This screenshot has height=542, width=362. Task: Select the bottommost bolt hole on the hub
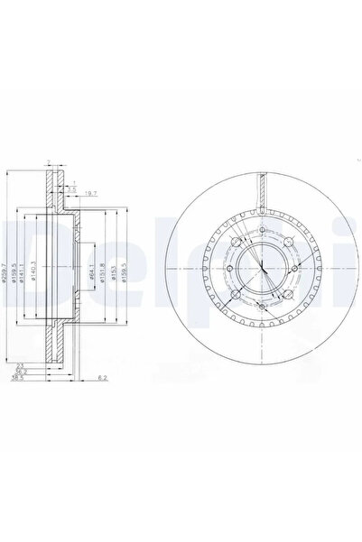[258, 308]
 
